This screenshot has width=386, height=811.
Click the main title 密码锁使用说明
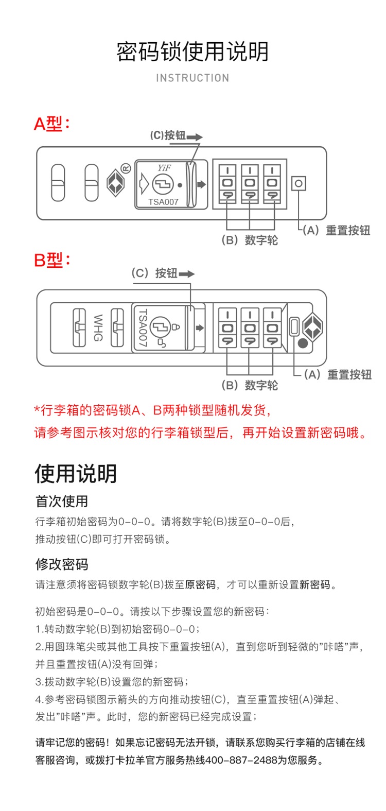coord(192,51)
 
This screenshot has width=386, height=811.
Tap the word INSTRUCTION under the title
coord(192,78)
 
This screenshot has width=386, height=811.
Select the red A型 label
coord(50,124)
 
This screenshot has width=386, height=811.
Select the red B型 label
coord(50,260)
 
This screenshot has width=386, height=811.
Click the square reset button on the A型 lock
coord(299,183)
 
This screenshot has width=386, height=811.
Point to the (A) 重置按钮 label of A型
coord(336,230)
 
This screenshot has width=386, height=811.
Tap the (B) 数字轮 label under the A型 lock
coord(250,240)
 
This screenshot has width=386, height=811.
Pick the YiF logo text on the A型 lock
coord(164,168)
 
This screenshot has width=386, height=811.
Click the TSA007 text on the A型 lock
coord(163,202)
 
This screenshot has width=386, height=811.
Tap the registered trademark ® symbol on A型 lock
coord(126,168)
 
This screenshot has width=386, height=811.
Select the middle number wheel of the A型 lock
coord(250,183)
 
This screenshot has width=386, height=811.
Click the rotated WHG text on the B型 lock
coord(98,327)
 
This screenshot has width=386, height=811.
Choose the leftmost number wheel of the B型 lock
coord(227,328)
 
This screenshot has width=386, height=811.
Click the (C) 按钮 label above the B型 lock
coord(154,273)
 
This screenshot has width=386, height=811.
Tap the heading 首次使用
coord(62,501)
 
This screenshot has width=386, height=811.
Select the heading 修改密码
coord(62,564)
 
